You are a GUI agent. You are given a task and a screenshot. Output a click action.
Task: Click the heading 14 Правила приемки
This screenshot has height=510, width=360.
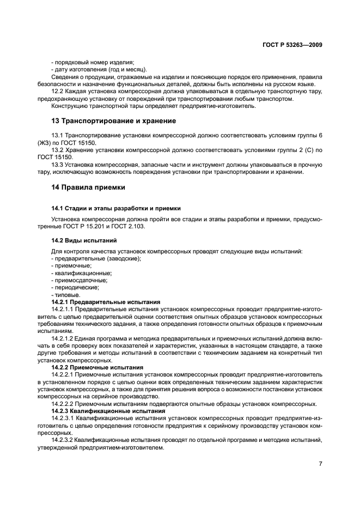point(88,187)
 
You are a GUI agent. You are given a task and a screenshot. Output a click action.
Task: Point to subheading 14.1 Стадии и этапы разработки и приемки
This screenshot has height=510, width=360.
point(116,208)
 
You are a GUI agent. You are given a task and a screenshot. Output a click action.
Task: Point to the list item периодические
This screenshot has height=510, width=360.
point(75,287)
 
